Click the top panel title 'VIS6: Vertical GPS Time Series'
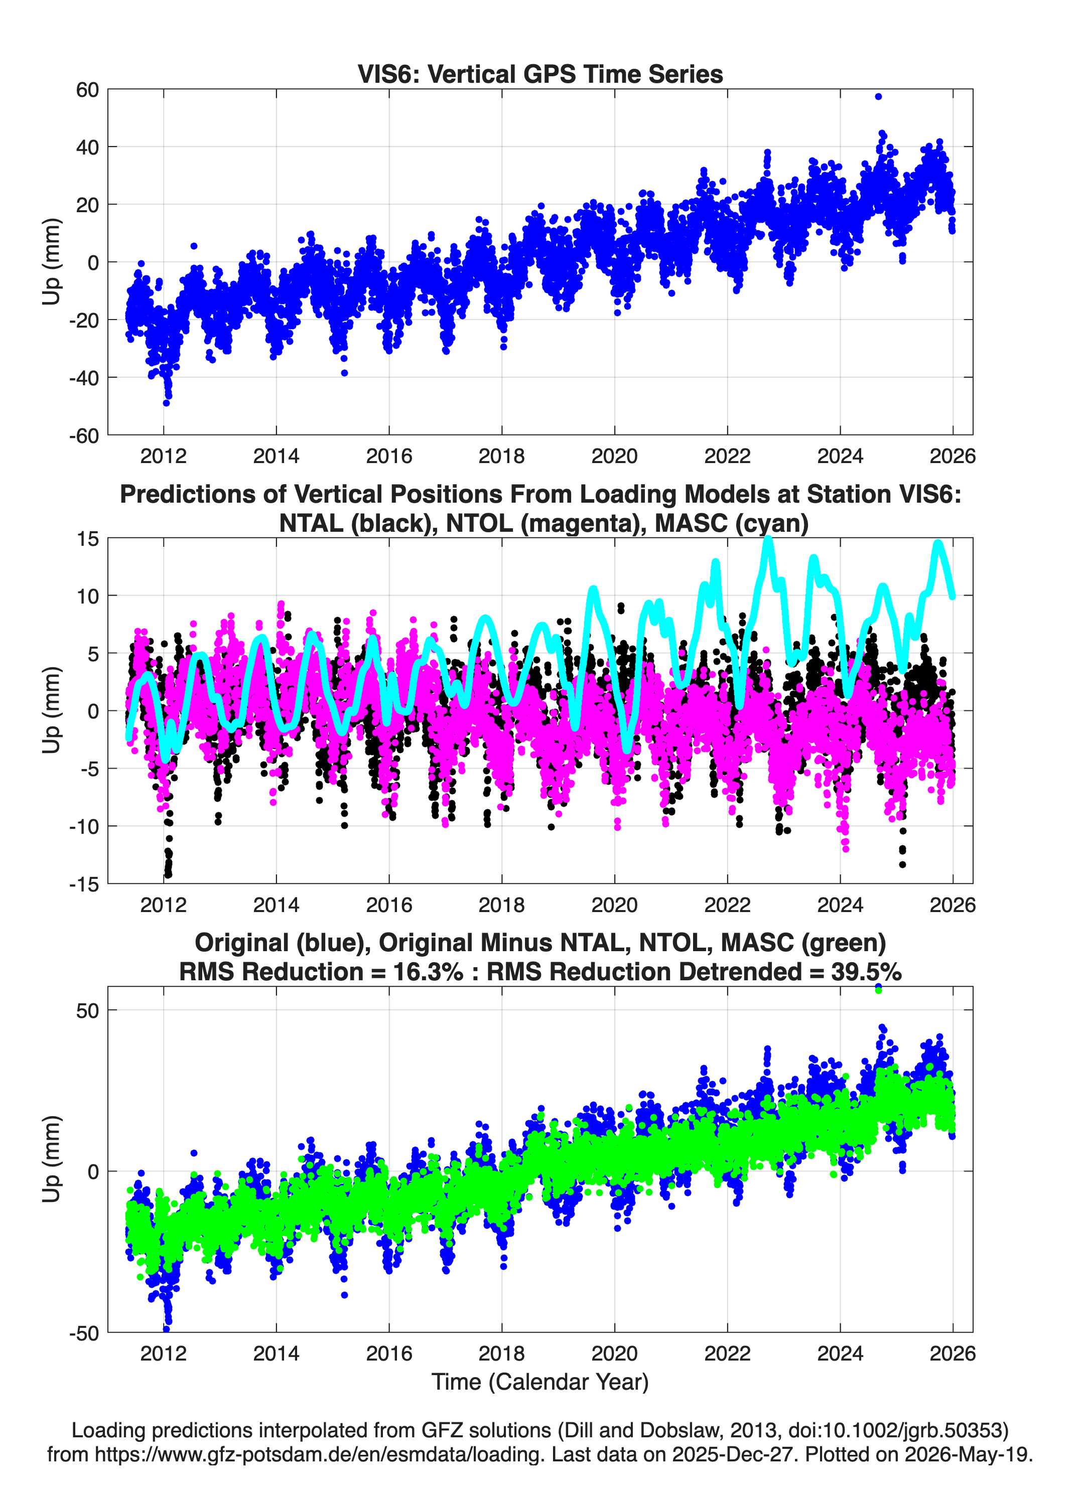[540, 74]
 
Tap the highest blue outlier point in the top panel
[878, 96]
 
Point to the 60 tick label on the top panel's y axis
[88, 90]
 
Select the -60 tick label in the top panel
[84, 435]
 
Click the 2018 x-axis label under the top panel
[501, 456]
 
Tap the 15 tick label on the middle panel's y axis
[88, 539]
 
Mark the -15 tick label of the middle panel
[84, 884]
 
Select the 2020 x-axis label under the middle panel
[614, 905]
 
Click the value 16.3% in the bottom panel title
[428, 972]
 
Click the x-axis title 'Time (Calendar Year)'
[540, 1382]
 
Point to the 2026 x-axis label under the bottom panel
[953, 1354]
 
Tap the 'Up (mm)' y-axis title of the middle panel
[52, 710]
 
